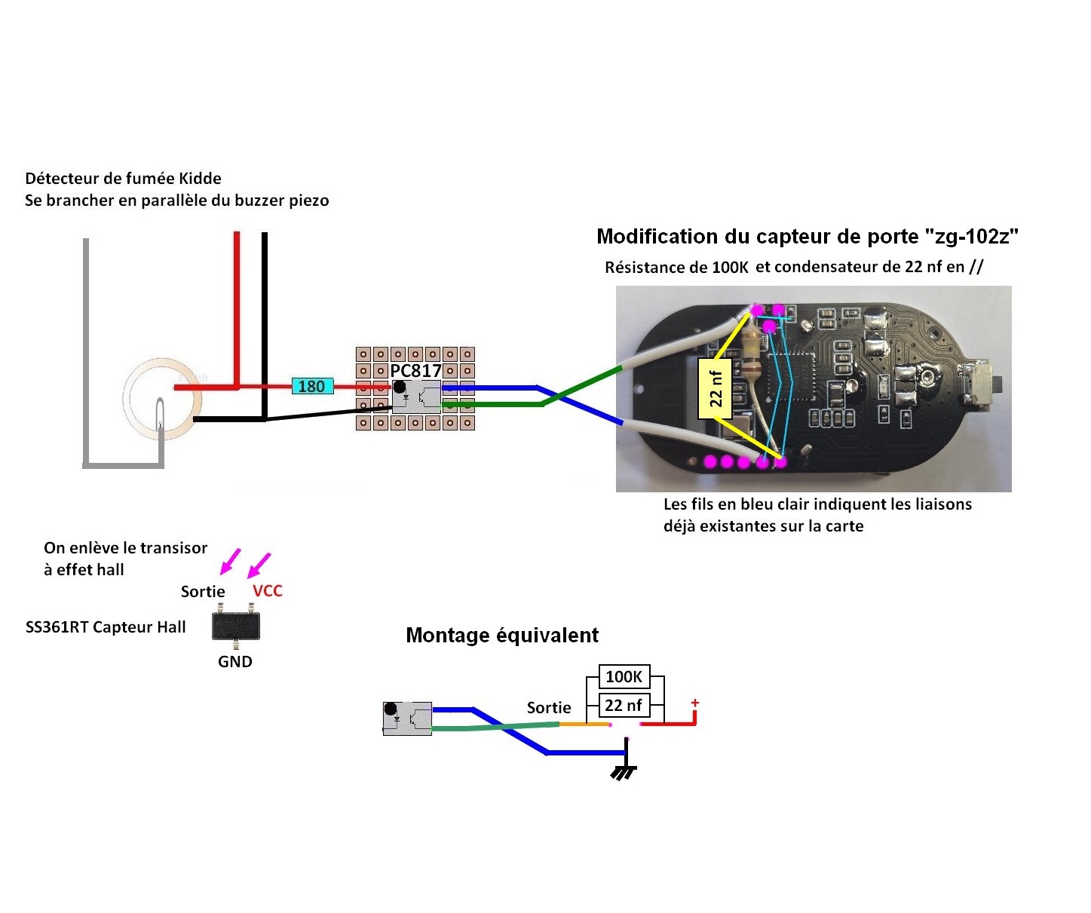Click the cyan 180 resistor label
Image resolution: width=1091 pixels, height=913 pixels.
(311, 387)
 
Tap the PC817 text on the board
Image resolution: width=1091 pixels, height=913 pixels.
(415, 371)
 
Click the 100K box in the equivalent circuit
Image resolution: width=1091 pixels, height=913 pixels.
(624, 676)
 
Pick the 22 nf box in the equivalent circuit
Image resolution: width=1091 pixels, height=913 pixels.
(624, 706)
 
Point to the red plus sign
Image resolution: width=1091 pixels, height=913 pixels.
(694, 703)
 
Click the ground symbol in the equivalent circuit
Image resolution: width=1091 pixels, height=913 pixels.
(624, 771)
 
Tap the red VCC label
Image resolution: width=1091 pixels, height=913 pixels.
(267, 591)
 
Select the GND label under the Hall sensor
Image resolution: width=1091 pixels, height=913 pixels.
(234, 662)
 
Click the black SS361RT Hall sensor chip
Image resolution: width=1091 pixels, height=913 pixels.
(236, 627)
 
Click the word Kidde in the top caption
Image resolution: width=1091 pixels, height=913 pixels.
(200, 179)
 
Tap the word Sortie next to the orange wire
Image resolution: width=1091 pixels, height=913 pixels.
(548, 708)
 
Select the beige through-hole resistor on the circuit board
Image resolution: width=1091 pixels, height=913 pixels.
(751, 354)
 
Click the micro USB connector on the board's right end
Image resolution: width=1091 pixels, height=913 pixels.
(982, 385)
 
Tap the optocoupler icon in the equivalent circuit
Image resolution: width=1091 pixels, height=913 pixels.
(407, 718)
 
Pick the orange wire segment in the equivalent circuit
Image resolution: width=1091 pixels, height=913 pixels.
(584, 724)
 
